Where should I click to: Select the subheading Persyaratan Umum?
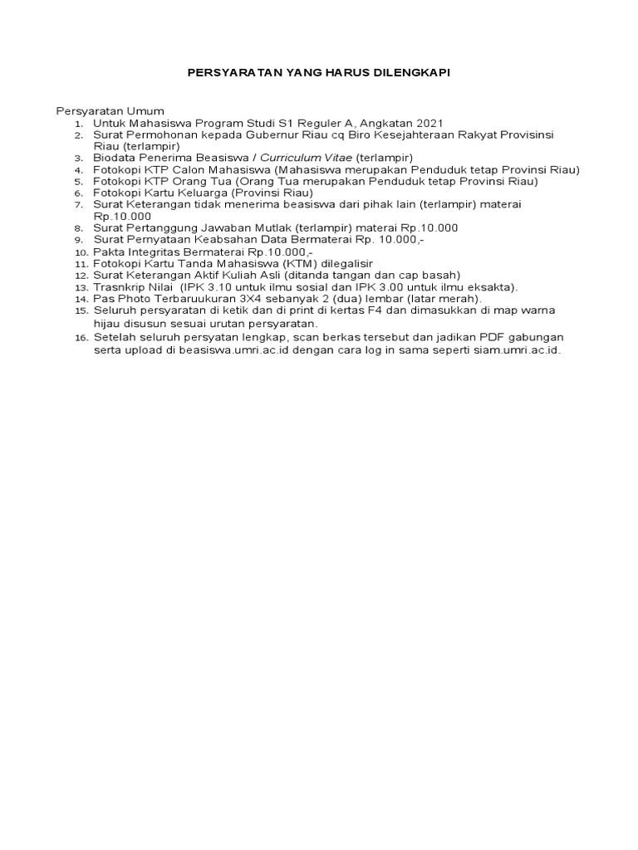click(x=110, y=110)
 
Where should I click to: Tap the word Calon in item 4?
click(x=196, y=169)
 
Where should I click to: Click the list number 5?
click(x=79, y=182)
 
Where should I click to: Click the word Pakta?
click(x=108, y=251)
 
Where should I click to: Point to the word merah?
click(x=459, y=298)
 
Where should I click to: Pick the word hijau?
click(x=107, y=322)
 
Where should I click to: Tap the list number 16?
click(x=80, y=339)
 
